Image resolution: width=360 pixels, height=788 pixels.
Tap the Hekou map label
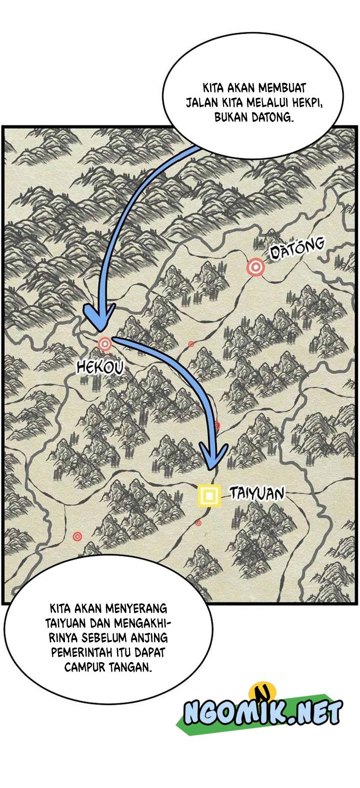coord(100,368)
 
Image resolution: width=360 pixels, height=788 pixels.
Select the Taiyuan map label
coord(257,493)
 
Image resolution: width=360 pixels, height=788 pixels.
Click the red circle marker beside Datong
coord(255,268)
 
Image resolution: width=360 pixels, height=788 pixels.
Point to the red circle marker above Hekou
coord(104,344)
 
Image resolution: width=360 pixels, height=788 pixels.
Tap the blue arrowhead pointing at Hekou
coord(99,318)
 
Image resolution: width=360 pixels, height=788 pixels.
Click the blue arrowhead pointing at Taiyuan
coord(213,456)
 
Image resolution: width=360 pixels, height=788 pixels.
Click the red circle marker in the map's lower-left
coord(77,536)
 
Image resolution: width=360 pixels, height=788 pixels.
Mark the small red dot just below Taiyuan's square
coord(198,523)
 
